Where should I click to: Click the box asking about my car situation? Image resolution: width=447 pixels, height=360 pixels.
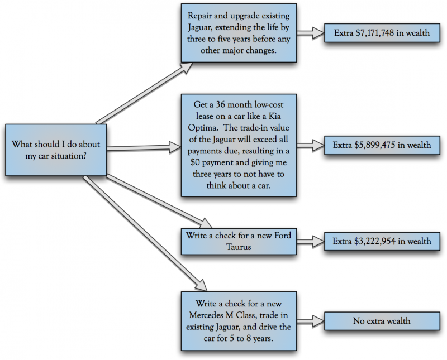[x=55, y=149]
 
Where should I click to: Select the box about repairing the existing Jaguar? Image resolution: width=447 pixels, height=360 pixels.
[x=238, y=33]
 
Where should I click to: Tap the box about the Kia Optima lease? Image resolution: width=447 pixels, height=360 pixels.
[x=238, y=145]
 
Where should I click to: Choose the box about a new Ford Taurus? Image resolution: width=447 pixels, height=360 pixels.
[x=238, y=241]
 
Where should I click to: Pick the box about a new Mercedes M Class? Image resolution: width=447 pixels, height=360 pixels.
[x=238, y=320]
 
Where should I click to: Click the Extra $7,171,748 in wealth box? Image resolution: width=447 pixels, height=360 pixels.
[x=382, y=33]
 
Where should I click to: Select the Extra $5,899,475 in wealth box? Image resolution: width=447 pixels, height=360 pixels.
[x=382, y=145]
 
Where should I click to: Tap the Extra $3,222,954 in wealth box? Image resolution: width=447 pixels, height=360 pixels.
[x=382, y=241]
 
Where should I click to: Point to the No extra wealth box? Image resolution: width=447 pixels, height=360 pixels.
[x=382, y=321]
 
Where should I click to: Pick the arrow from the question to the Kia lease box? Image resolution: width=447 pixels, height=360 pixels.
[x=143, y=148]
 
